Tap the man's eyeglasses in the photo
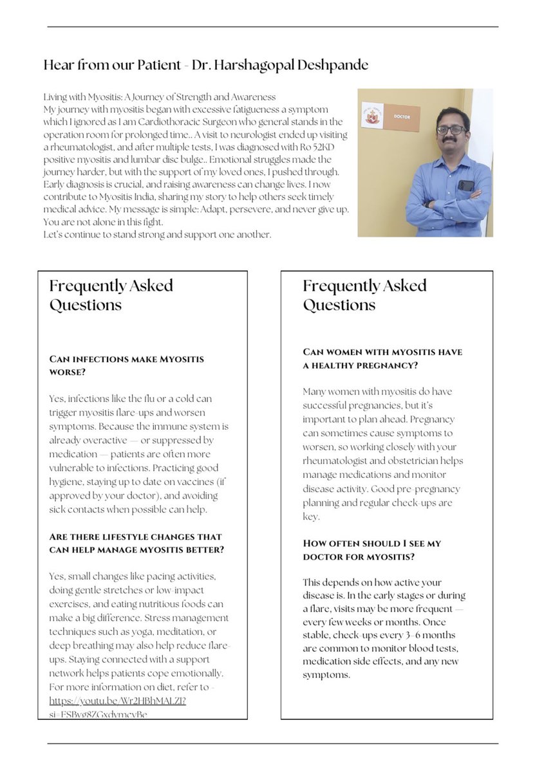pyautogui.click(x=451, y=129)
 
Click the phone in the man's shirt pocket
pyautogui.click(x=465, y=185)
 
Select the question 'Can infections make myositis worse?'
pyautogui.click(x=126, y=365)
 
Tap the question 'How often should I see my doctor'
pyautogui.click(x=372, y=549)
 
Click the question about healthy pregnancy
pyautogui.click(x=382, y=358)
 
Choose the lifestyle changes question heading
pyautogui.click(x=135, y=543)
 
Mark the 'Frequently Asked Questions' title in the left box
pyautogui.click(x=111, y=295)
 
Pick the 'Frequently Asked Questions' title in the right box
pyautogui.click(x=365, y=295)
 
